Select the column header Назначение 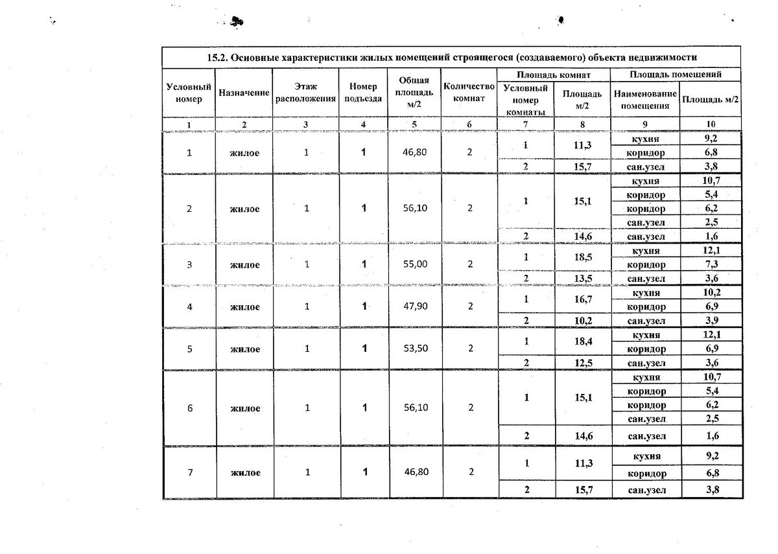(244, 93)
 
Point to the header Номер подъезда (362, 93)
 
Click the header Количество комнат (469, 93)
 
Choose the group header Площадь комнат (554, 75)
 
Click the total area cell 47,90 (415, 306)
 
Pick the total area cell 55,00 (415, 264)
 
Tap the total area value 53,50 (415, 349)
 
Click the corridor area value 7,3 (711, 264)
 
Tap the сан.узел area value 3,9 (711, 321)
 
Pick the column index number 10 (711, 124)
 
